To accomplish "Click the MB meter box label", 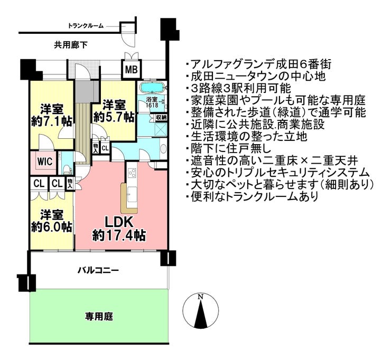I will point(131,69).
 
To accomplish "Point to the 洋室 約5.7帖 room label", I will point(114,111).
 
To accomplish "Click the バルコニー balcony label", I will point(98,270).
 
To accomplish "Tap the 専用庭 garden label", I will point(99,317).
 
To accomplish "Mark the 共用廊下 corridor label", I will point(70,45).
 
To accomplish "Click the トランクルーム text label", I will point(86,25).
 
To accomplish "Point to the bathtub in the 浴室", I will point(153,88).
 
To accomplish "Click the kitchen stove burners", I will point(132,173).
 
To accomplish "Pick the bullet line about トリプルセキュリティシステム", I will point(277,173).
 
